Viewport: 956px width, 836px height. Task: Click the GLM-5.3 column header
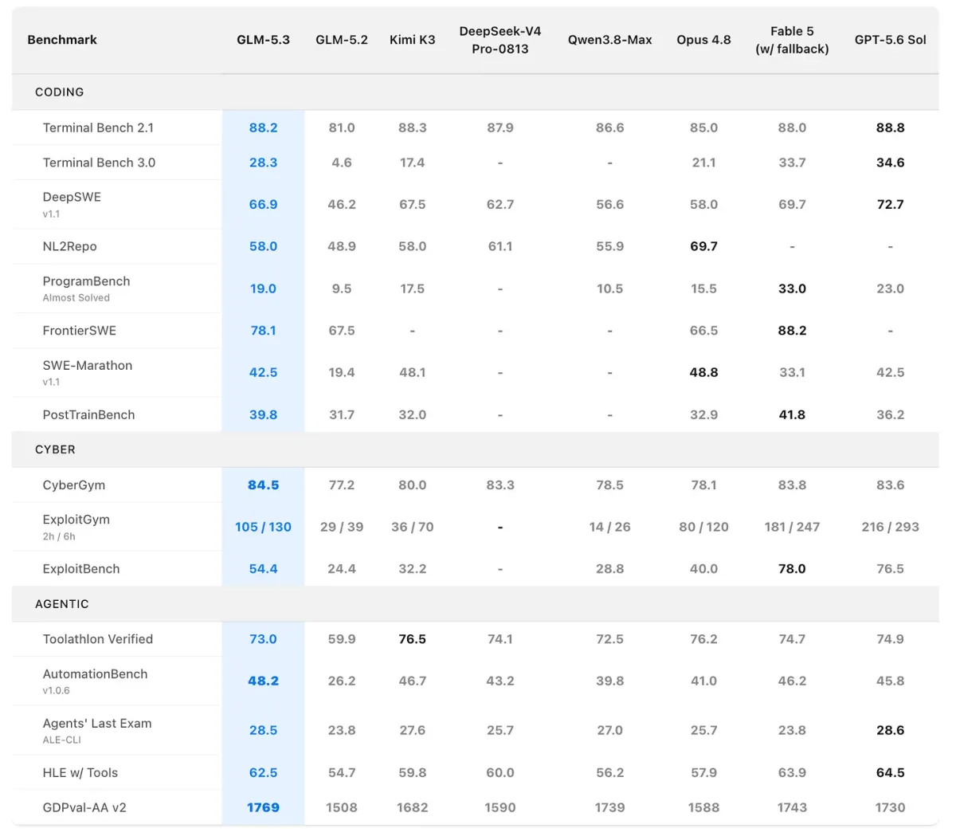coord(263,40)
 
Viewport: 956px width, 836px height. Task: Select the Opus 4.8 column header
coord(703,40)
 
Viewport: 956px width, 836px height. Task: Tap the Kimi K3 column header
coord(412,40)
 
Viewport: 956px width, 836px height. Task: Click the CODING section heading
coord(59,92)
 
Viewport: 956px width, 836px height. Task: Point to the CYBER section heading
coord(55,449)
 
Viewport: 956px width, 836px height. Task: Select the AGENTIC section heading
coord(61,604)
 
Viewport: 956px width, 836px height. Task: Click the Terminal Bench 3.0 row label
coord(99,163)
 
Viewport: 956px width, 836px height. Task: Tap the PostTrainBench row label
coord(88,414)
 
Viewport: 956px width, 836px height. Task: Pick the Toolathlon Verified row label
coord(98,639)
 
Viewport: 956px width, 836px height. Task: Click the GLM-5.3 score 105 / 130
coord(263,527)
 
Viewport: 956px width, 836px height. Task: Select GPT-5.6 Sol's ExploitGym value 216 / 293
coord(890,527)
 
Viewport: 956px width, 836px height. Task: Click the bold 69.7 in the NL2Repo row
coord(703,246)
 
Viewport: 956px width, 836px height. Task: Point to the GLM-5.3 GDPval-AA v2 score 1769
coord(263,807)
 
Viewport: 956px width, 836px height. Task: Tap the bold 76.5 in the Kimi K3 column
coord(412,639)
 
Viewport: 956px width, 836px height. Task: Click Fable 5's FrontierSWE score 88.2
coord(792,331)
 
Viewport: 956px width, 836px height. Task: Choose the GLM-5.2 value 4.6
coord(342,163)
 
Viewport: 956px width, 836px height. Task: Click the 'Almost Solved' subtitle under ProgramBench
coord(76,298)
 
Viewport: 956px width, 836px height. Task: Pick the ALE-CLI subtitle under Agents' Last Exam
coord(61,740)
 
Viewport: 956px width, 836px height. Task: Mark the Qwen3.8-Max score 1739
coord(609,807)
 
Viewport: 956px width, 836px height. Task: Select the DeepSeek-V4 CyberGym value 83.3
coord(500,485)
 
